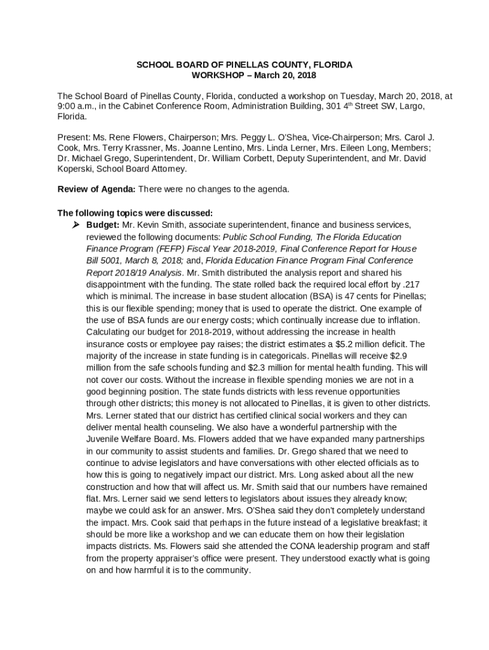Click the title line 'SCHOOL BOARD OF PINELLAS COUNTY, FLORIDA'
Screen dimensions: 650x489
[245, 65]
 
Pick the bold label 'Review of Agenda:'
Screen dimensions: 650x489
[96, 189]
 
